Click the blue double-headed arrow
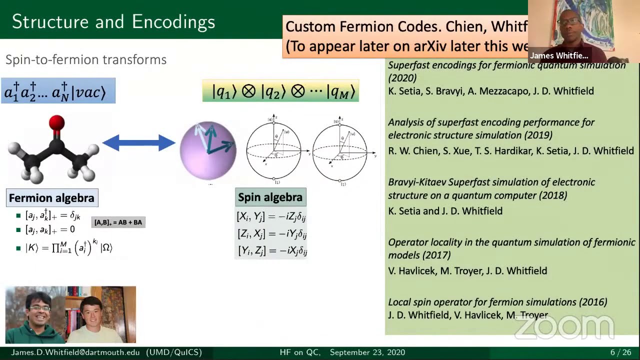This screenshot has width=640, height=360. (x=138, y=143)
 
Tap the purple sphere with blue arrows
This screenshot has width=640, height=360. (x=208, y=150)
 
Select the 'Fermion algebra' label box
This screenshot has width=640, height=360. (x=51, y=198)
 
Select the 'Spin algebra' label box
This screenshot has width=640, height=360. (x=270, y=197)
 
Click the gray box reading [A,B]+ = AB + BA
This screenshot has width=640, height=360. (x=118, y=222)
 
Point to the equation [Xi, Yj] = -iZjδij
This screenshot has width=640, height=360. (x=271, y=216)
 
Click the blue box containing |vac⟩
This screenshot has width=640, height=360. (x=58, y=91)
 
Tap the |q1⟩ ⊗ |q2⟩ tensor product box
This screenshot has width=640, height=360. (x=280, y=91)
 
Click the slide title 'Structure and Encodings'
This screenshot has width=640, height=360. (x=113, y=21)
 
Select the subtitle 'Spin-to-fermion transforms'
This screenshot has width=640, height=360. (x=86, y=60)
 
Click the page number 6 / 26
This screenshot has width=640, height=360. (x=620, y=352)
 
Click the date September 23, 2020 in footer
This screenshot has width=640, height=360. (x=367, y=352)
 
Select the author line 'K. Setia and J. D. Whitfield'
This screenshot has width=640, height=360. (x=445, y=211)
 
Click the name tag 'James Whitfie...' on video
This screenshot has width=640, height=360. (x=559, y=55)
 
